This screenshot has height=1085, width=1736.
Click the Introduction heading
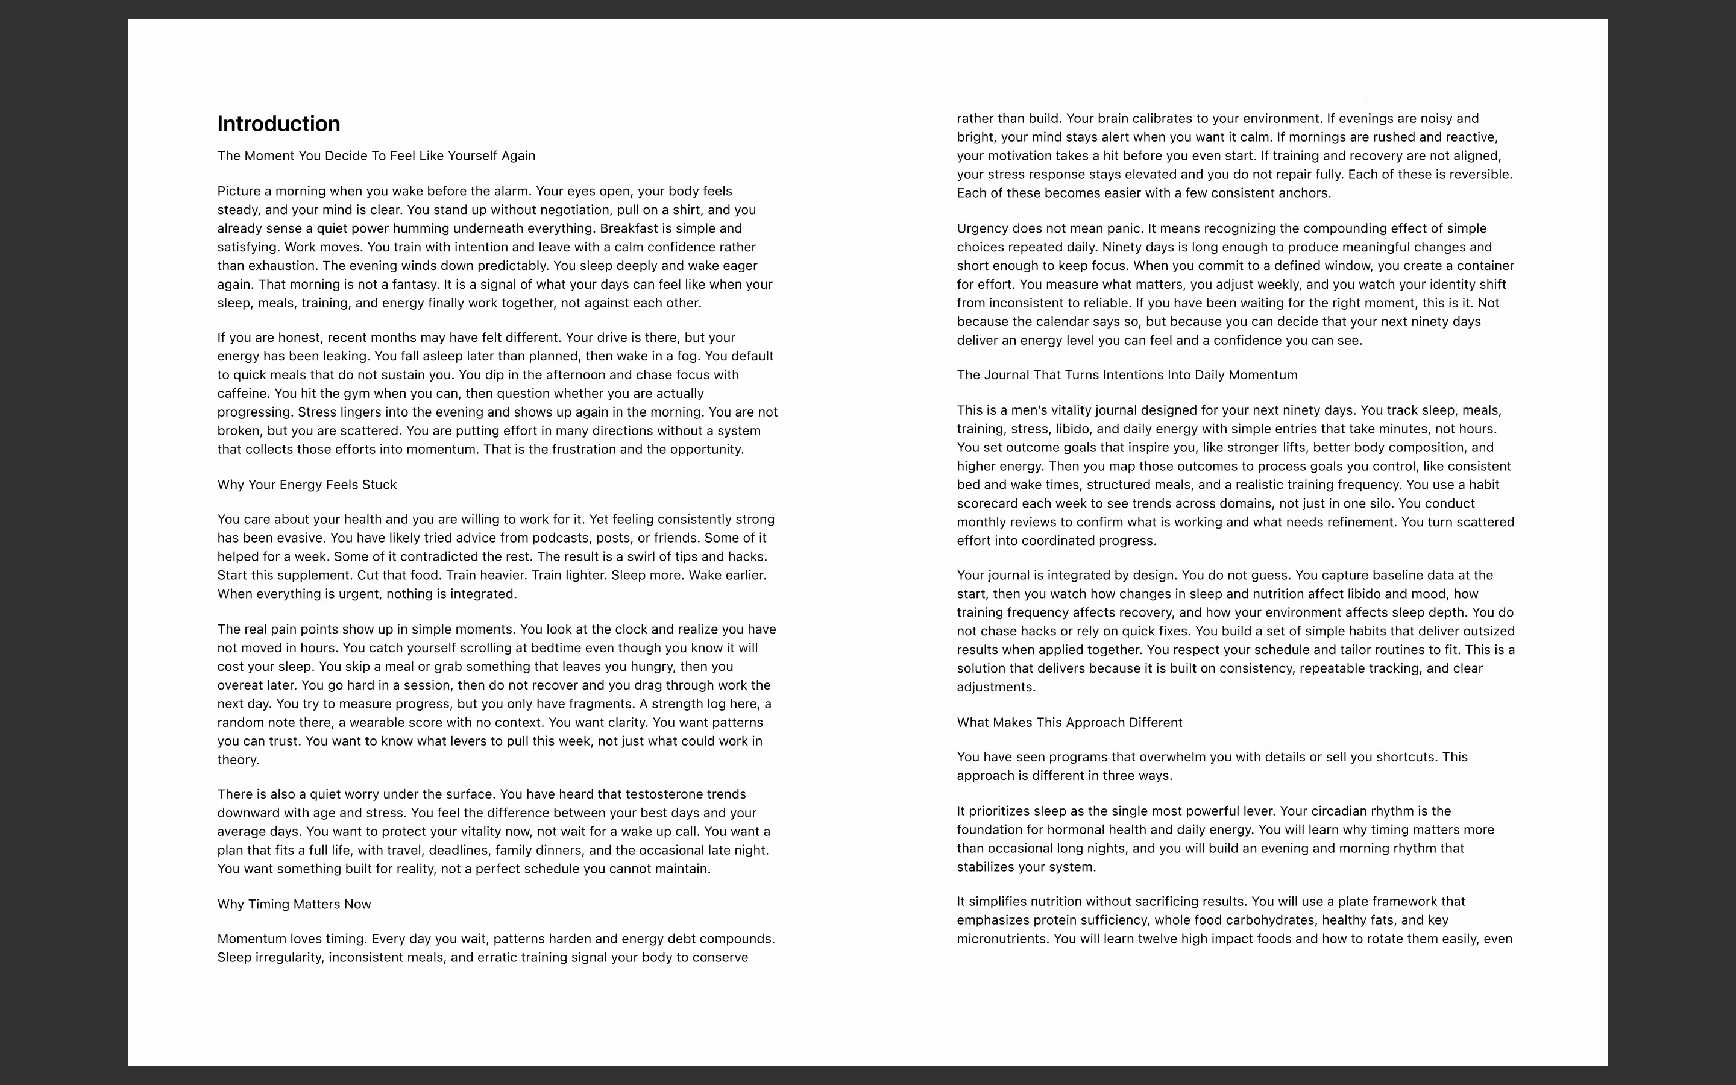coord(278,124)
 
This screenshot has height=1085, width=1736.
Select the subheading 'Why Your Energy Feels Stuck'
coord(307,485)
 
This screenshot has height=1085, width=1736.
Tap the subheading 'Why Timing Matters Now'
coord(294,904)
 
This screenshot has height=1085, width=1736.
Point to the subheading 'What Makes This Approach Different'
coord(1069,722)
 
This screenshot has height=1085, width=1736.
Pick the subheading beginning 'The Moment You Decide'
coord(376,156)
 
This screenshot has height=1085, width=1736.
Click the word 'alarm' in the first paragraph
coord(511,191)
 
